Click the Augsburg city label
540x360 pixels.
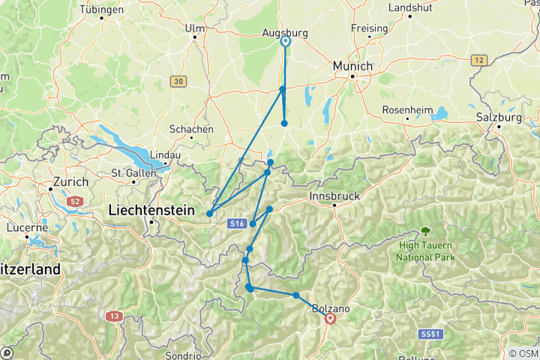[x=286, y=33]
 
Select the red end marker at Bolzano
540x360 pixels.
[x=330, y=319]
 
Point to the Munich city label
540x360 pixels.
[x=353, y=66]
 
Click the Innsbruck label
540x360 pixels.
[x=334, y=196]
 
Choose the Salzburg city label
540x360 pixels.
[x=498, y=118]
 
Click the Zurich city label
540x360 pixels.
[x=70, y=181]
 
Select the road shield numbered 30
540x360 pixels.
[x=177, y=81]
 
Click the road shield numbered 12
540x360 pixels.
[x=480, y=59]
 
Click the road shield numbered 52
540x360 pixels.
[x=75, y=201]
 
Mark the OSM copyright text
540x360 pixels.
[x=523, y=353]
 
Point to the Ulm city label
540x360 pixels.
[x=194, y=28]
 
